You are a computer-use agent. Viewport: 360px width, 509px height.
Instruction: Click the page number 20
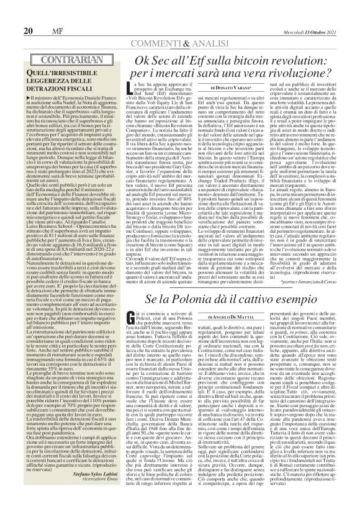point(11,13)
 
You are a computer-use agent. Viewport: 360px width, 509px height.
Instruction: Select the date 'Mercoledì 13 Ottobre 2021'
point(322,13)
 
